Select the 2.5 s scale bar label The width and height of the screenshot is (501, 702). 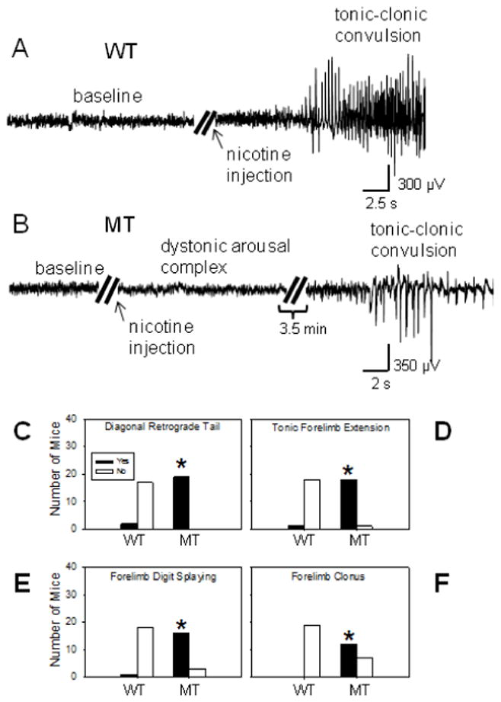[x=378, y=204]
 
